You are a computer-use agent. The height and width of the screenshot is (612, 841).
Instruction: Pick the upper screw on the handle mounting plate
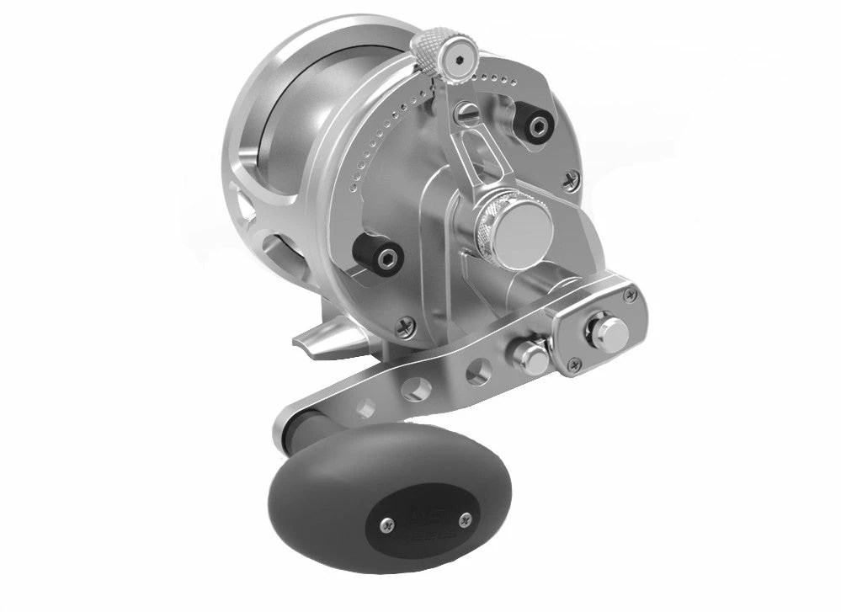point(630,291)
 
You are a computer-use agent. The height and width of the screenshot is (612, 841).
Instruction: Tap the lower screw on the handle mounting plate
point(573,365)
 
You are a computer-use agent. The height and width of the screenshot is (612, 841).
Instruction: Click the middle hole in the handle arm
point(413,388)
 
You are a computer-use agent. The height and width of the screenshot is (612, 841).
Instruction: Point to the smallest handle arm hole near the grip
point(365,408)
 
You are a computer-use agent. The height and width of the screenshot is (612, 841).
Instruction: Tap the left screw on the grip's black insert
point(386,525)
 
